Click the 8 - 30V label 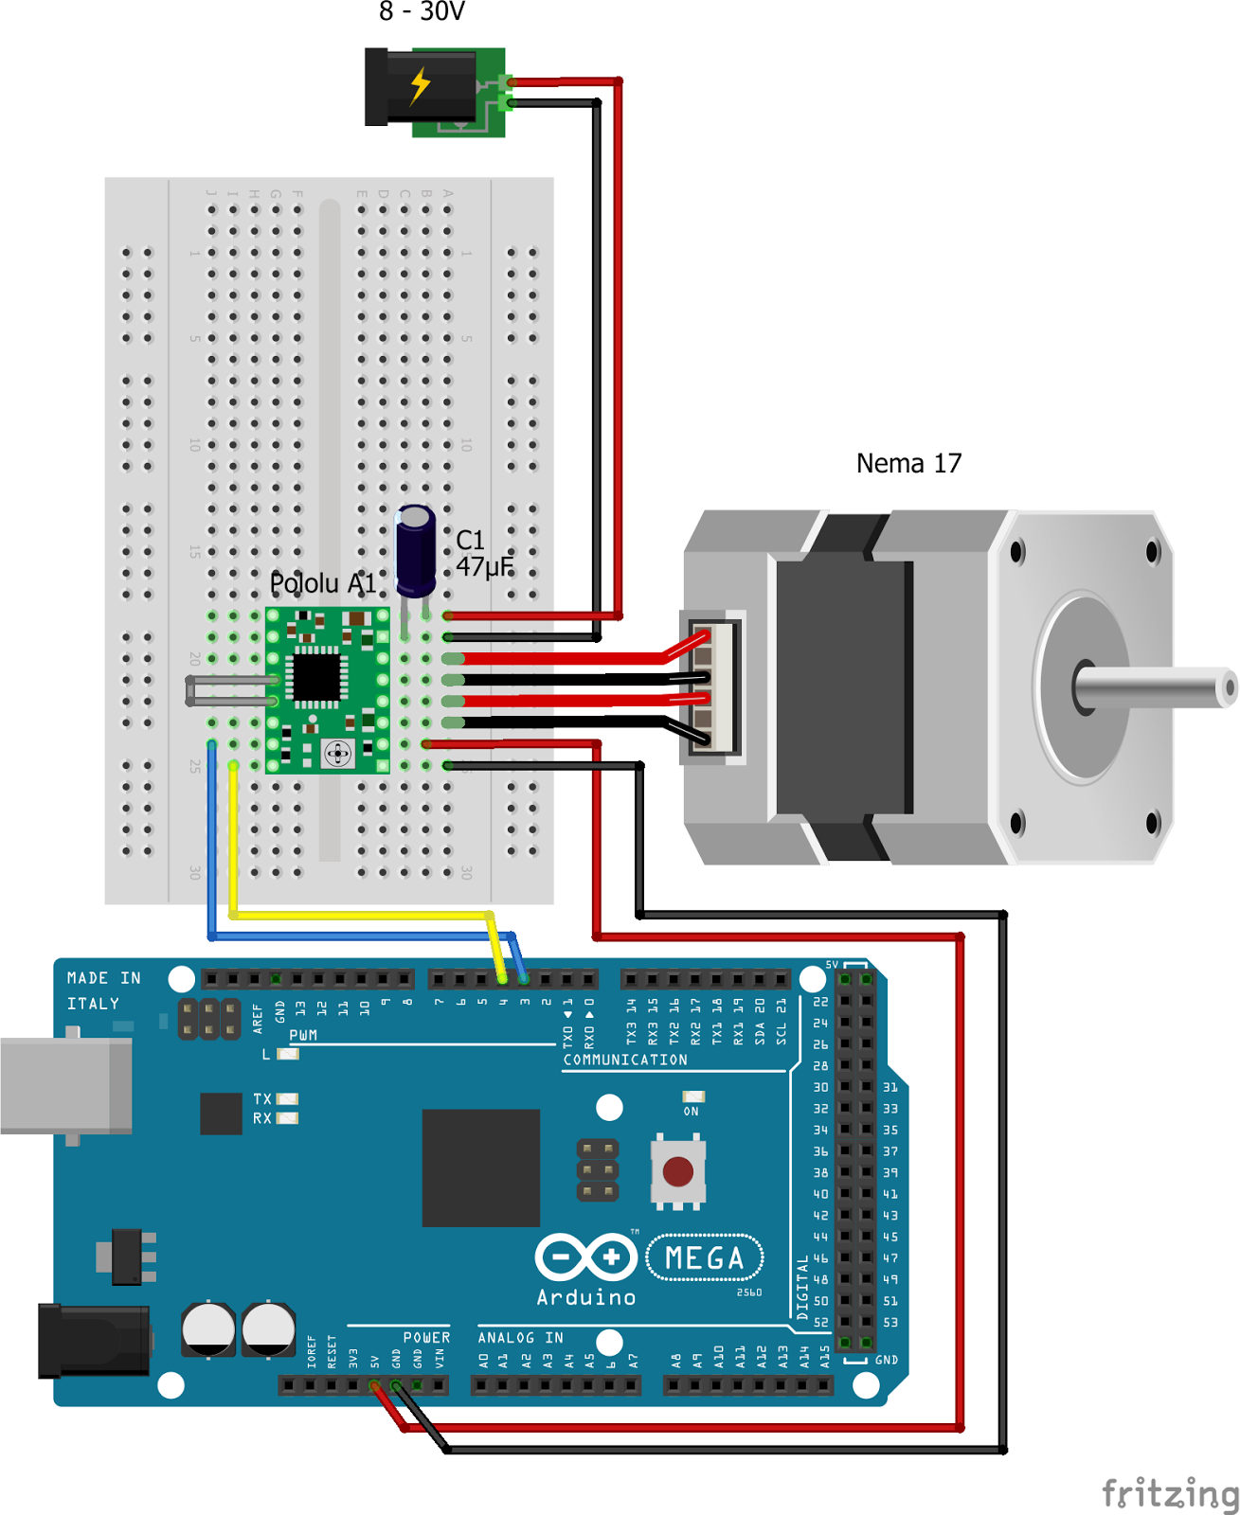(422, 12)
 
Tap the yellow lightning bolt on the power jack (420, 85)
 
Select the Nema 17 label (908, 463)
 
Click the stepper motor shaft (1156, 687)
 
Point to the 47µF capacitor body (415, 551)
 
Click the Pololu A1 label (322, 583)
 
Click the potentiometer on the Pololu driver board (338, 754)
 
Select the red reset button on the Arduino (678, 1171)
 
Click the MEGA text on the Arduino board (704, 1258)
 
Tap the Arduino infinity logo (585, 1257)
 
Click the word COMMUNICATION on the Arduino (625, 1060)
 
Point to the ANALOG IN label (520, 1337)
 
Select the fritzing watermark (1170, 1493)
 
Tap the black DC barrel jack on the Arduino (93, 1341)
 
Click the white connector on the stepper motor (712, 686)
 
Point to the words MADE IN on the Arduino (103, 978)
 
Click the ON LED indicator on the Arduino (693, 1097)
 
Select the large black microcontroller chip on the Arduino (480, 1167)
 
